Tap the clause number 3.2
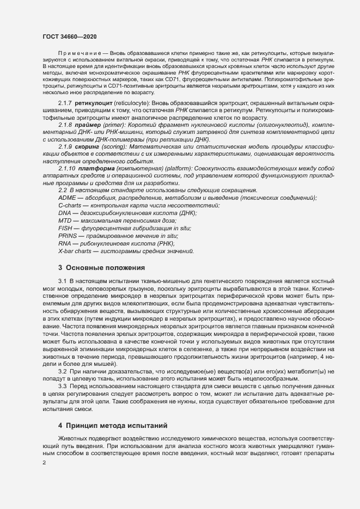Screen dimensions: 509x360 click(62, 371)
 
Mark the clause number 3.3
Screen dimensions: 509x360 click(62, 386)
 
